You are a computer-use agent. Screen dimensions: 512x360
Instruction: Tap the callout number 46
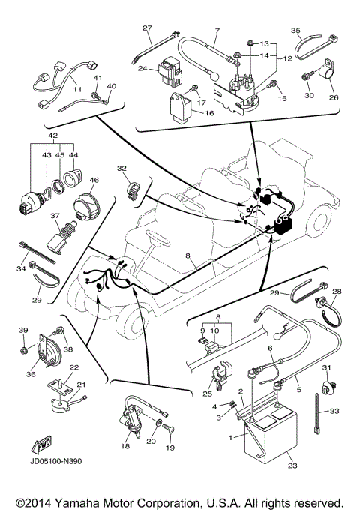[x=94, y=180]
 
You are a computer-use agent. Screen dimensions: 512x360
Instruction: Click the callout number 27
[x=147, y=28]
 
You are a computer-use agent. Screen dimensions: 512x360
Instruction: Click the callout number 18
[x=124, y=445]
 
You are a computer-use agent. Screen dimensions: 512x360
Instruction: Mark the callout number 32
[x=122, y=170]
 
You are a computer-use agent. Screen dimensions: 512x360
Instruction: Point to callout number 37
[x=55, y=214]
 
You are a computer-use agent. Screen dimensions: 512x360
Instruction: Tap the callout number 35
[x=295, y=31]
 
